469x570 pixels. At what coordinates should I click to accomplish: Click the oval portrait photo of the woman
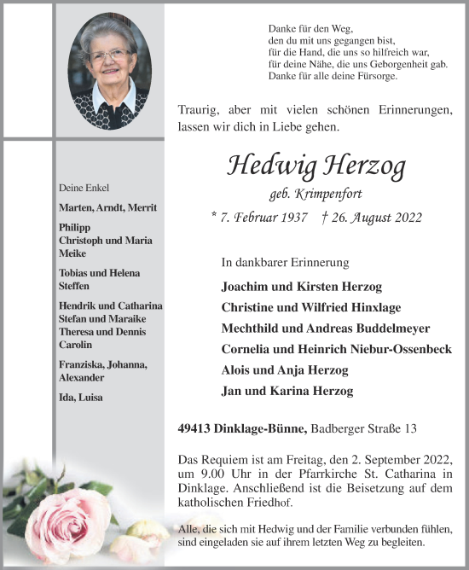pos(108,71)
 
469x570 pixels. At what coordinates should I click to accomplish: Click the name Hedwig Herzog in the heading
pos(316,166)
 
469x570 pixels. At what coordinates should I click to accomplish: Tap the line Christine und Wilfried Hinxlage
pos(310,307)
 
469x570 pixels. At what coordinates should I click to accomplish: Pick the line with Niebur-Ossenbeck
pos(336,349)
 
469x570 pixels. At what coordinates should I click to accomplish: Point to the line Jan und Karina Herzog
pos(287,392)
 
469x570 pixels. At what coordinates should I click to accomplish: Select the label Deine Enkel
pos(84,188)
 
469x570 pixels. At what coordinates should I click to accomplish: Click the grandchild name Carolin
pos(77,344)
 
